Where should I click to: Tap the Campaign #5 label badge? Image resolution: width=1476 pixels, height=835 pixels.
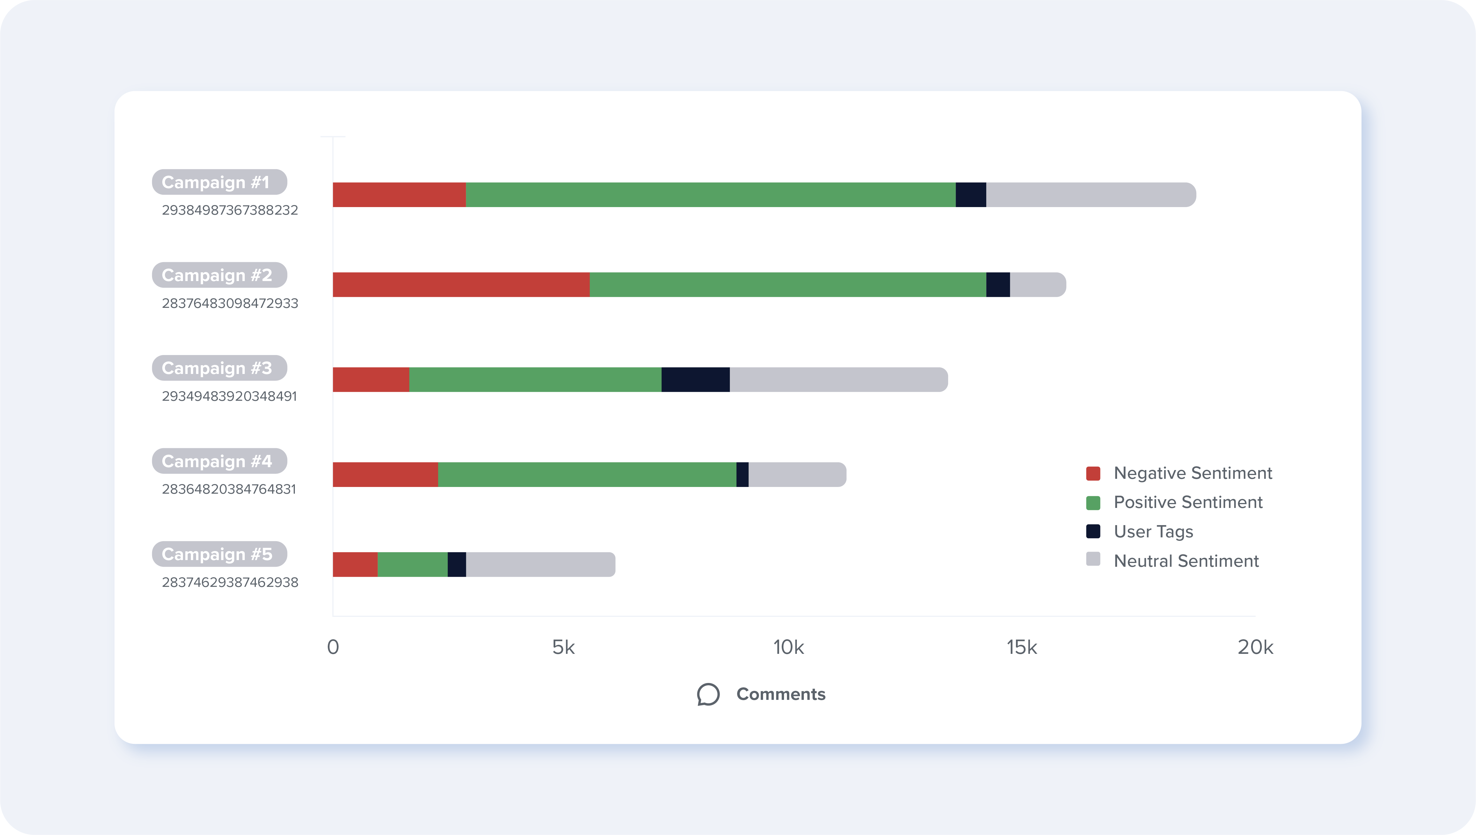[219, 554]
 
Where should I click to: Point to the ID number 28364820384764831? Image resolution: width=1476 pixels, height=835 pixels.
[229, 489]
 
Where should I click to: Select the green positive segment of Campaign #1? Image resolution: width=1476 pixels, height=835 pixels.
[710, 195]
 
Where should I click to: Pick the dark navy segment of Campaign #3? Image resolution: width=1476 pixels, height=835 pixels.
[695, 380]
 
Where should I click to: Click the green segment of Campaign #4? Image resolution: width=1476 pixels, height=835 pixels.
[587, 475]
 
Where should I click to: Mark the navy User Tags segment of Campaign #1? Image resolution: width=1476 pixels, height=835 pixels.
[971, 195]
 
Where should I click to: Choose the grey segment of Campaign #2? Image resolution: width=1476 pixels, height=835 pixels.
[1037, 285]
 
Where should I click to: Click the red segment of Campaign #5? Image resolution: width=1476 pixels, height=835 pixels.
[355, 565]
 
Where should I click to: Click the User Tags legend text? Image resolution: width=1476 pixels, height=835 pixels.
[1153, 532]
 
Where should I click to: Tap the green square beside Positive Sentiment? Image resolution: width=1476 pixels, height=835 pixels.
[1093, 503]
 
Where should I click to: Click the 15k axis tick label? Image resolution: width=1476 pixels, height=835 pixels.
[1022, 647]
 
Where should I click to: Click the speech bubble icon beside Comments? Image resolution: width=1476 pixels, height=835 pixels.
[709, 695]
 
